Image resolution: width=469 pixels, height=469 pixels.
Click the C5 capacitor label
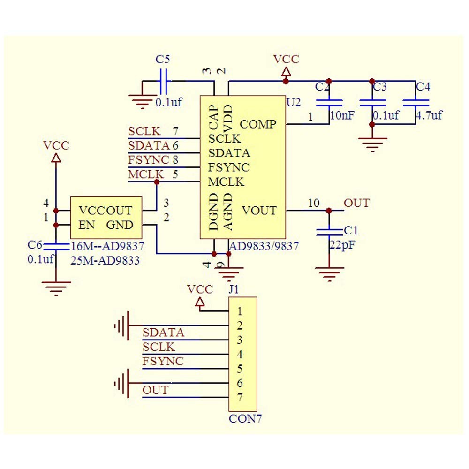163,60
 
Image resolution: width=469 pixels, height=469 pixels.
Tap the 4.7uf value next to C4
429,115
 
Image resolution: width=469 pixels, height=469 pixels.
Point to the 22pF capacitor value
341,245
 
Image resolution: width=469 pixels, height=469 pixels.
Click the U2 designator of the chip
293,102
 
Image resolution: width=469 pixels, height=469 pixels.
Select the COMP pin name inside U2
257,124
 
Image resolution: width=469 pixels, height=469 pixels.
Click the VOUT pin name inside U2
259,211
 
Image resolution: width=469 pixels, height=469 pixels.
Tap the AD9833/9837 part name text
264,246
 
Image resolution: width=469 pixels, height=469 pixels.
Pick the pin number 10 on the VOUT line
314,203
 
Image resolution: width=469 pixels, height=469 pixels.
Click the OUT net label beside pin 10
356,203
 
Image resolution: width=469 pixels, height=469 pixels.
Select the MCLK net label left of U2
145,174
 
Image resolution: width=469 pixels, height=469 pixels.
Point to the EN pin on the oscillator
87,225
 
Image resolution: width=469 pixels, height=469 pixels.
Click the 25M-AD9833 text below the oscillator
105,261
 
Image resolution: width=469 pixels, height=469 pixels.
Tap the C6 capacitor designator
35,245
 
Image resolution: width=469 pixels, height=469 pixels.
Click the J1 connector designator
233,289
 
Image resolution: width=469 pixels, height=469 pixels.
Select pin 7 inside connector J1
240,398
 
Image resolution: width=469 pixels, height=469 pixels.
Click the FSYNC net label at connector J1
163,362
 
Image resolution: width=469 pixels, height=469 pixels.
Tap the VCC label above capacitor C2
286,59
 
